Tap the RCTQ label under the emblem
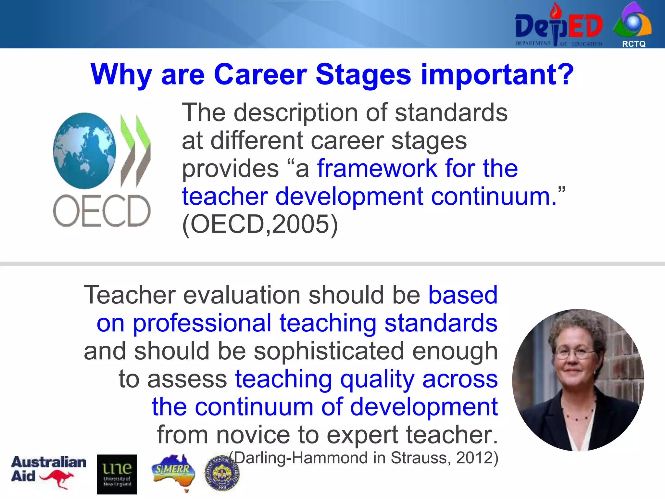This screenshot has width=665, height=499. click(634, 44)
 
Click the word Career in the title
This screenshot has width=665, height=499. click(260, 75)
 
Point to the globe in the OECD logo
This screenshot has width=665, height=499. click(84, 150)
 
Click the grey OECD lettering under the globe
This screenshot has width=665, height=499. click(102, 211)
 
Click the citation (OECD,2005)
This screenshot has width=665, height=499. click(260, 224)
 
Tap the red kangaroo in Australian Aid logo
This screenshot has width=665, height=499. click(57, 479)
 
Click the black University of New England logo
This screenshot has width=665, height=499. click(117, 474)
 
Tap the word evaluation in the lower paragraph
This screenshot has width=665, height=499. click(242, 295)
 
